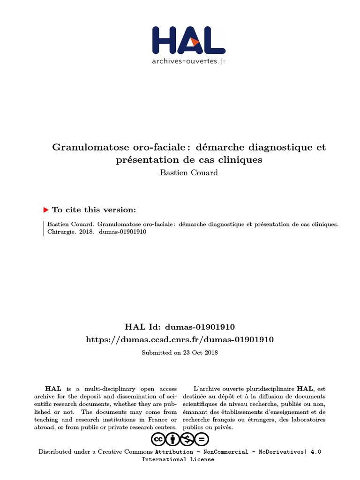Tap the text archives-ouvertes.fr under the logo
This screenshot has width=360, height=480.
(x=188, y=61)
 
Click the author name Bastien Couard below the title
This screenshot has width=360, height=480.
(x=189, y=172)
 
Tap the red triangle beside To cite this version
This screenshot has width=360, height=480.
(x=45, y=210)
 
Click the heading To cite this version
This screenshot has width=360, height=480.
(x=94, y=210)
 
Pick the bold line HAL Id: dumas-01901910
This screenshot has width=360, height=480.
(x=180, y=327)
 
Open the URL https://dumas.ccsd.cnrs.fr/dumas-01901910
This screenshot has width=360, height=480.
(x=180, y=339)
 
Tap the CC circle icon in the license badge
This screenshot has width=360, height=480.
(x=158, y=439)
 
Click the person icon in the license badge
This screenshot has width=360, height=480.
(x=173, y=439)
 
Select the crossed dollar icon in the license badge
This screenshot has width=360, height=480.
(x=187, y=439)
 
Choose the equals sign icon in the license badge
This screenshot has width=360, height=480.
(x=202, y=439)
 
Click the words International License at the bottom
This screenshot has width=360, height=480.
(x=178, y=459)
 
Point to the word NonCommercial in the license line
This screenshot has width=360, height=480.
(x=225, y=452)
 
